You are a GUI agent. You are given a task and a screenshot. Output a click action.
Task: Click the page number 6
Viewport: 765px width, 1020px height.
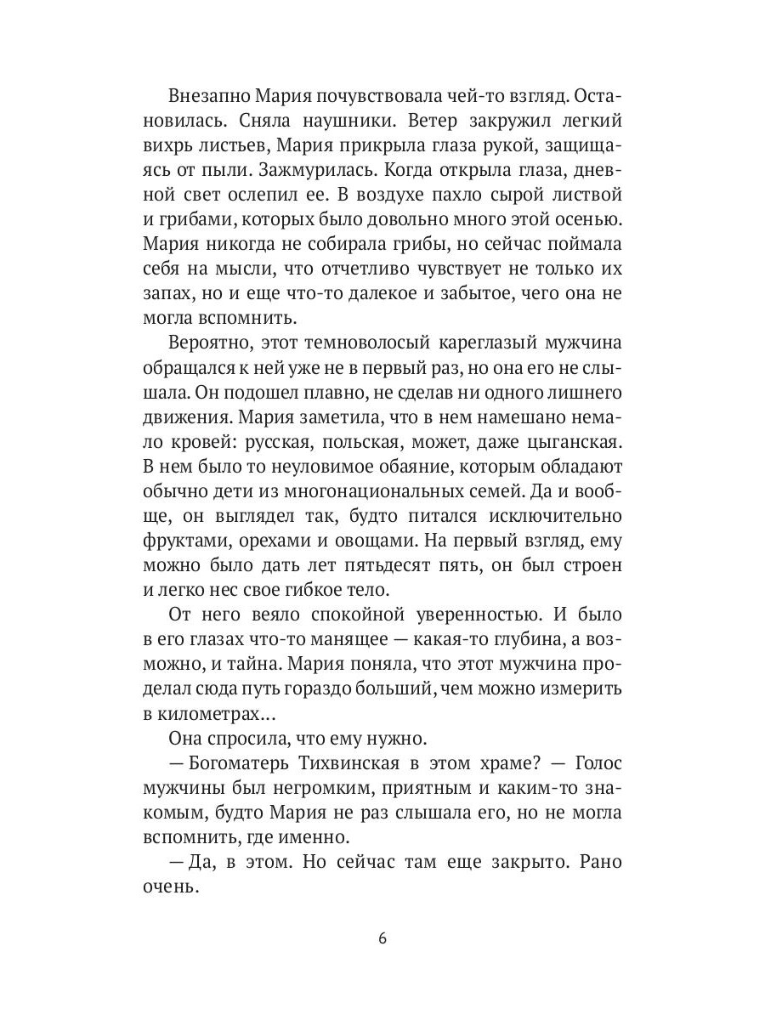click(x=382, y=939)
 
